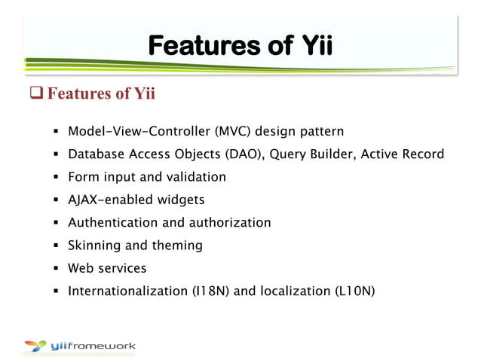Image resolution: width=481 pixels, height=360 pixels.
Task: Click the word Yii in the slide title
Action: point(311,47)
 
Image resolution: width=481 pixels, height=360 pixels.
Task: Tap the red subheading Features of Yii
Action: point(101,95)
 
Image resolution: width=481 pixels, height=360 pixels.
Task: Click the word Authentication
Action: point(112,222)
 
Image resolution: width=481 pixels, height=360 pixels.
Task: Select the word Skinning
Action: point(93,245)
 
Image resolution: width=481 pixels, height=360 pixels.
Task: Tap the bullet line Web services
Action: point(107,267)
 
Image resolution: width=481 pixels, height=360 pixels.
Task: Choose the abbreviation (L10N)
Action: point(358,291)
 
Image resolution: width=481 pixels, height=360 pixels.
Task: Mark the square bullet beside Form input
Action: point(56,178)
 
